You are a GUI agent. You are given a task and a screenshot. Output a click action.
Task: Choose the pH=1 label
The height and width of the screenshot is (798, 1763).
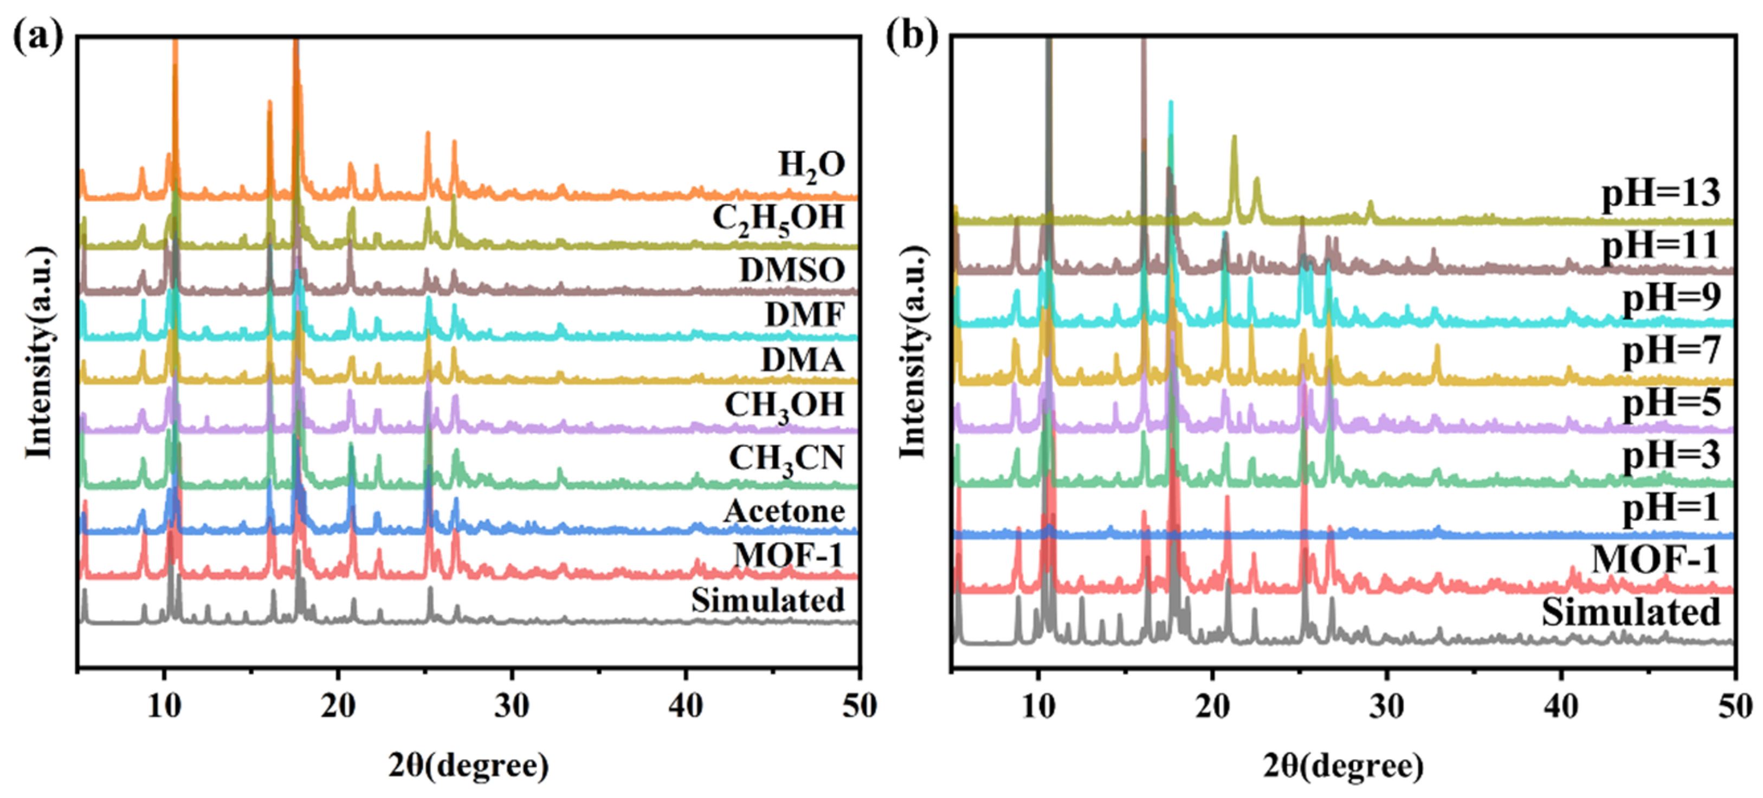click(x=1671, y=508)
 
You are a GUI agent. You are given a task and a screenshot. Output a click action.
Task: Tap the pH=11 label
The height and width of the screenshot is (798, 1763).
click(x=1661, y=245)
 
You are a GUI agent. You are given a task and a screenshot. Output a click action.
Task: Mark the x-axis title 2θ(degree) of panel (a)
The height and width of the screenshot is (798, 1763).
click(x=469, y=766)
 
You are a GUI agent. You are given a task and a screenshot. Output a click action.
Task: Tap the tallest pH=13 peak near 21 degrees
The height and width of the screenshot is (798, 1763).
click(x=1234, y=138)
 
